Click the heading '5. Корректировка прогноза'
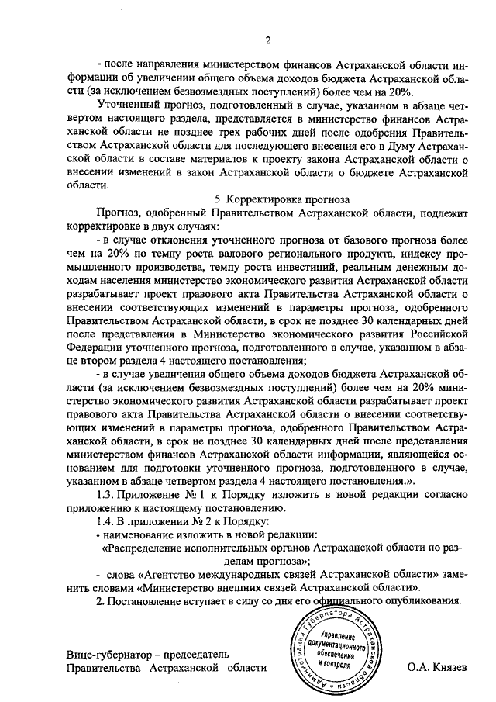coord(283,199)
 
